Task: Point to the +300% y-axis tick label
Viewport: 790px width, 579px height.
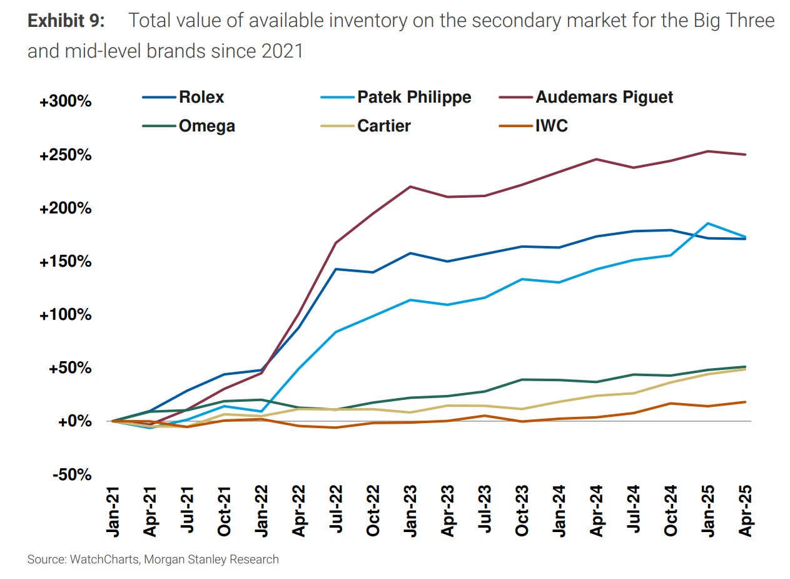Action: (x=65, y=101)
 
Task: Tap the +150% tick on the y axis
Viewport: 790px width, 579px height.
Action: (x=65, y=262)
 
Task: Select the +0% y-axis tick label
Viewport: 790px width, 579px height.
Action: (x=74, y=421)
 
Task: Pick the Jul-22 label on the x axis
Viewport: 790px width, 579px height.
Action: (x=337, y=511)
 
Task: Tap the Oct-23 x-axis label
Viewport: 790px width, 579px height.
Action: (x=522, y=511)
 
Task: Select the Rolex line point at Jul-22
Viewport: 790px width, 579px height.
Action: (x=337, y=269)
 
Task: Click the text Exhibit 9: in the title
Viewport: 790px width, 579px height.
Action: (x=66, y=21)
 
